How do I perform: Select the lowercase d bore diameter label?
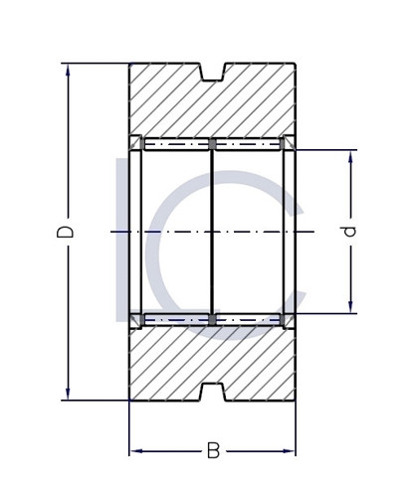[x=348, y=232]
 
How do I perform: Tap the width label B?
[x=213, y=451]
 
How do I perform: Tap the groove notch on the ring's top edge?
[x=212, y=72]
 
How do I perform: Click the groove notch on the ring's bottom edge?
[x=212, y=392]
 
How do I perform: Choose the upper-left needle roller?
[x=177, y=144]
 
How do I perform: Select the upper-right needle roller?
[x=248, y=144]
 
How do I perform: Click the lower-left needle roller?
[x=177, y=319]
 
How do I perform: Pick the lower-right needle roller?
[x=248, y=319]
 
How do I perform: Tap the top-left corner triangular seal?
[x=136, y=143]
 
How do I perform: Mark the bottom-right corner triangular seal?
[x=289, y=319]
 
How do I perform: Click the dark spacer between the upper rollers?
[x=212, y=144]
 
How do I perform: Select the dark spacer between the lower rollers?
[x=212, y=319]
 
